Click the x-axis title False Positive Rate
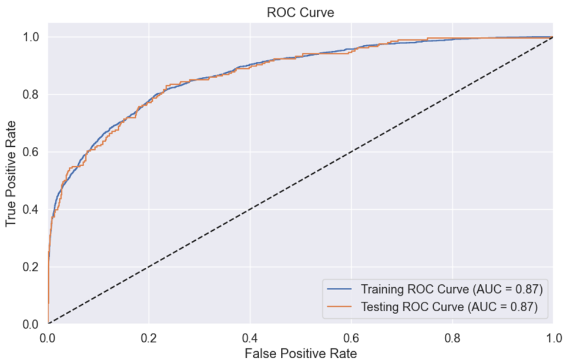300,352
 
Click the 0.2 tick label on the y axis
32,267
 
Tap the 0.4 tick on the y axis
32,210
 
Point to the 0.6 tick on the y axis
32,152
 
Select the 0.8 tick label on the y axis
32,95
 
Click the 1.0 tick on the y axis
32,37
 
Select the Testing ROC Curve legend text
449,307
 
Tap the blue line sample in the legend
340,289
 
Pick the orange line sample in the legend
340,307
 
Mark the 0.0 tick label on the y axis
32,324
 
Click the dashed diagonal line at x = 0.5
300,180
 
